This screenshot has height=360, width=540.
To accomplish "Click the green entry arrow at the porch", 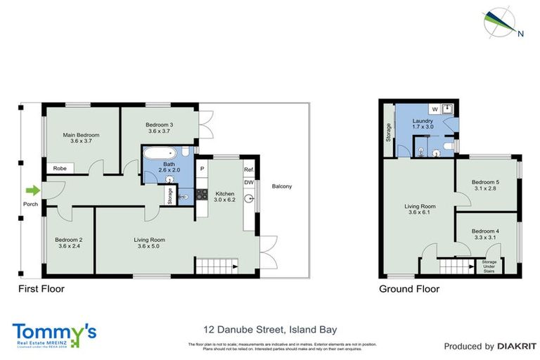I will coord(31,190).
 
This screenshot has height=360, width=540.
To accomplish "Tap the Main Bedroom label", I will coord(81,135).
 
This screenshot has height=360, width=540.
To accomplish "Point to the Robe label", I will coord(60,169).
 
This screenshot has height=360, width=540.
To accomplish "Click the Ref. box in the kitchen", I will coord(248,170).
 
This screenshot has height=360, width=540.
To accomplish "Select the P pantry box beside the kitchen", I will coord(201,169).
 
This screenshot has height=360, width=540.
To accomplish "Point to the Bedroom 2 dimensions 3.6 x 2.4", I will coord(69,246).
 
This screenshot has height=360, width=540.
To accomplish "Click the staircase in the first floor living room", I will coord(210,266).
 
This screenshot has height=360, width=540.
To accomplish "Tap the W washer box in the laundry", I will coord(434,110).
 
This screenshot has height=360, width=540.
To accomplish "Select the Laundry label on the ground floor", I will coord(422,121).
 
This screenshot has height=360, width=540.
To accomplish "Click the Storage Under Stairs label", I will coord(489,266).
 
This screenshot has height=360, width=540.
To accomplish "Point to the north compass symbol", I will coord(501,22).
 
